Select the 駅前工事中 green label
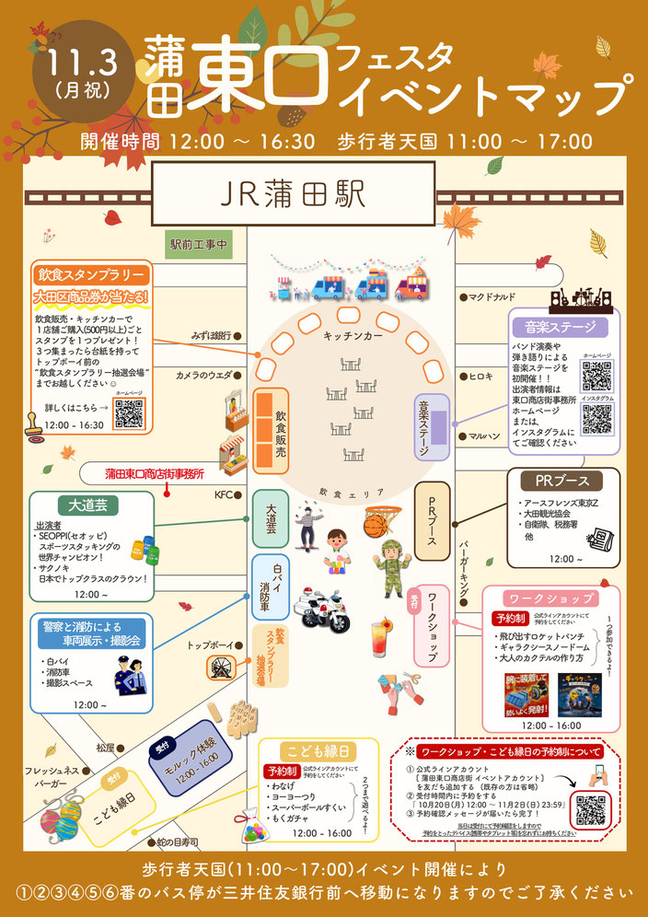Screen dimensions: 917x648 point(198,246)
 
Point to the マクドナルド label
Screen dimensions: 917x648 point(493,297)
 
